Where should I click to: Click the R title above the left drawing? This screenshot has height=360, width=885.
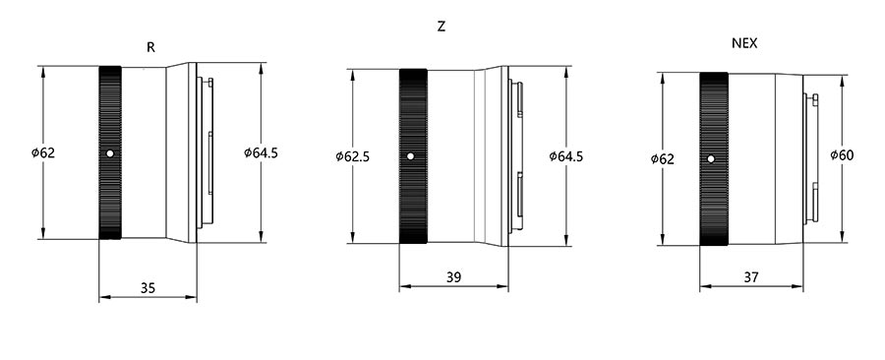[150, 47]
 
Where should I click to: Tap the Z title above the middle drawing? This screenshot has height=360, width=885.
[442, 27]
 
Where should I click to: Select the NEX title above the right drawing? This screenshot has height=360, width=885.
[744, 43]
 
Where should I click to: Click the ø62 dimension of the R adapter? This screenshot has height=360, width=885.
[43, 152]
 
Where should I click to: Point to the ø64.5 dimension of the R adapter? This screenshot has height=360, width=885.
[261, 152]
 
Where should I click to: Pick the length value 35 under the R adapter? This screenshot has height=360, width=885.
[147, 288]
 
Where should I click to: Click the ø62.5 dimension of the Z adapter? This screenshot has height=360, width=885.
[352, 156]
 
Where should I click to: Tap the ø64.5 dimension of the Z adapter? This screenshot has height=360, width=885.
[566, 156]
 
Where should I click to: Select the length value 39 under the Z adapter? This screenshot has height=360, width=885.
[453, 277]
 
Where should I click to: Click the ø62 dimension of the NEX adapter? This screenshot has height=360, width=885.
[662, 159]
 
